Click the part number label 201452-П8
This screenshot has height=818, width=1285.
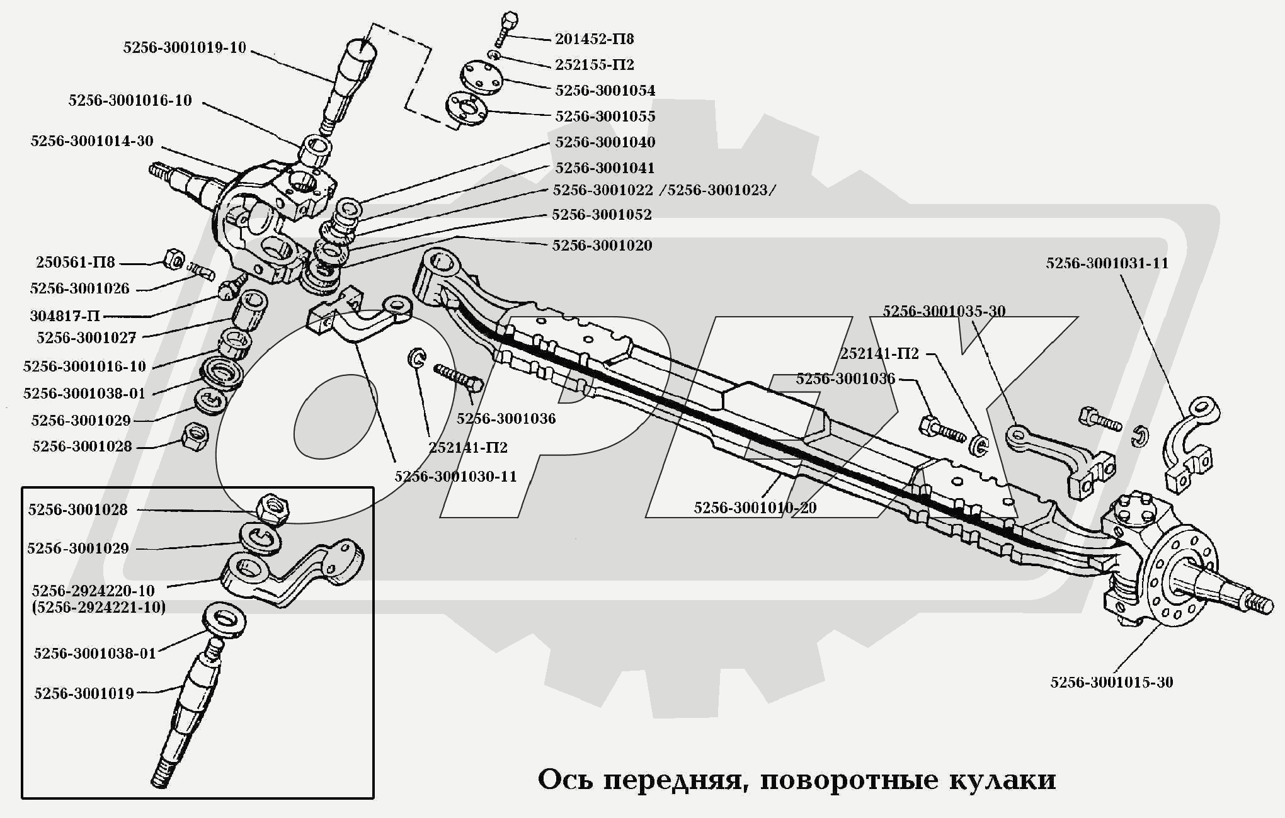[593, 39]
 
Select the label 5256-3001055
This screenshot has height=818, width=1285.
[605, 116]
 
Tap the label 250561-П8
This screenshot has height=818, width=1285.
[75, 263]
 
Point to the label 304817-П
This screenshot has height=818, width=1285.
[64, 315]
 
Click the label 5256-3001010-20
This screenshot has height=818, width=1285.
[755, 508]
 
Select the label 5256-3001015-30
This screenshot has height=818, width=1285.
[1111, 683]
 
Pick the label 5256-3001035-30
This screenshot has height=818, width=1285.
[943, 311]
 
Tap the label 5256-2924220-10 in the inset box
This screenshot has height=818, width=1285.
[93, 591]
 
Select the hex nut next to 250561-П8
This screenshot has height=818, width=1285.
[173, 259]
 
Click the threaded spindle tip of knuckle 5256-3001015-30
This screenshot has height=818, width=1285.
[1259, 605]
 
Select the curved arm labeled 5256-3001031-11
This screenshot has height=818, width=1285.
[1190, 441]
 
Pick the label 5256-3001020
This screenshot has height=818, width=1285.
[602, 246]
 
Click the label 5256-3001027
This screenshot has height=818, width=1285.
[86, 338]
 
